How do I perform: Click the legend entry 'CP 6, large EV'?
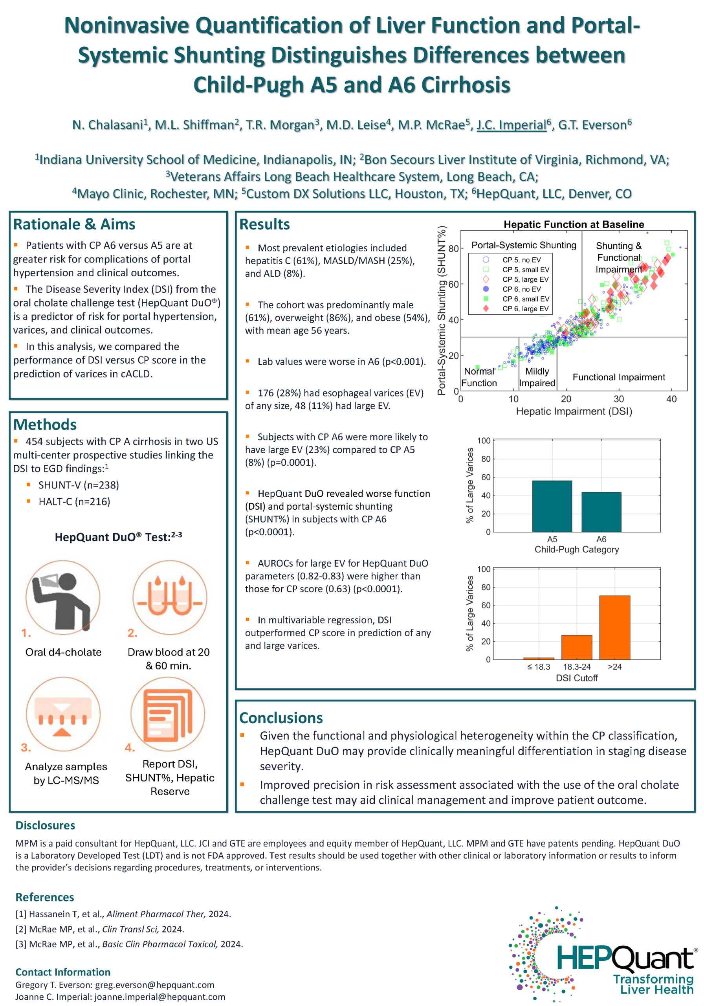(525, 308)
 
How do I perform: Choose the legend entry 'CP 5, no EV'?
(521, 260)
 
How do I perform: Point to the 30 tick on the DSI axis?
(619, 399)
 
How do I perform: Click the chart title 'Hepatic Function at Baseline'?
(574, 225)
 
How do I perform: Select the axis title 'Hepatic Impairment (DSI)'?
(574, 411)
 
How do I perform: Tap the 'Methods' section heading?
(45, 424)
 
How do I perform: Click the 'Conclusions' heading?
(281, 718)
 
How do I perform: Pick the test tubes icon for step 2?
(170, 597)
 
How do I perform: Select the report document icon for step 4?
(168, 714)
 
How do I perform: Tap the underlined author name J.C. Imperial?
(511, 125)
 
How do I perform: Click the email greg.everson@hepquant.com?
(155, 985)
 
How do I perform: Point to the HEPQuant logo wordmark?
(627, 960)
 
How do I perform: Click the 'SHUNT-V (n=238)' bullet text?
(79, 485)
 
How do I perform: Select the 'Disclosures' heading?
(45, 826)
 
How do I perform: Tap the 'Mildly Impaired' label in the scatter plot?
(537, 377)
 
